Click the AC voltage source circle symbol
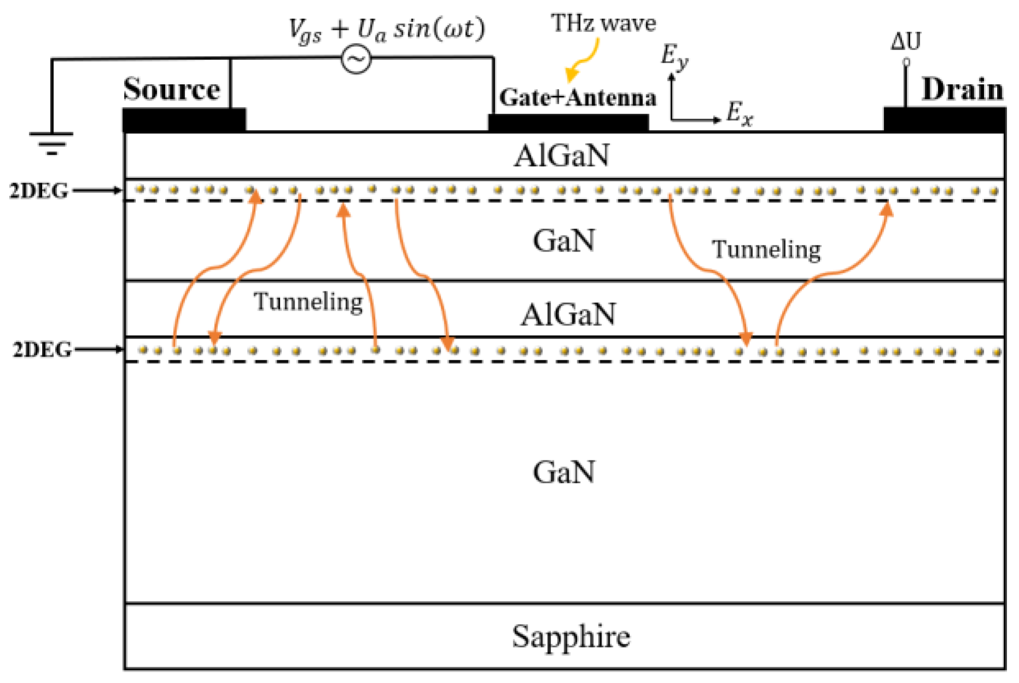[356, 59]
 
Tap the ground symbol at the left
[51, 142]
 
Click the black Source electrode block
[184, 120]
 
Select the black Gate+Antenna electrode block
[568, 122]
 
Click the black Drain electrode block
[944, 120]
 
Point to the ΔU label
[905, 42]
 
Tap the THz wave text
[603, 24]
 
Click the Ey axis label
[674, 57]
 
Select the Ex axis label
[739, 114]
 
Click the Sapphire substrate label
[570, 636]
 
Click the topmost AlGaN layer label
[561, 156]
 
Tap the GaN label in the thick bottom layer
[564, 472]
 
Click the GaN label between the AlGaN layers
[564, 241]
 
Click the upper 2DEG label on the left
[38, 191]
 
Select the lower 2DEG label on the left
[42, 349]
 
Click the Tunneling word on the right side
[765, 249]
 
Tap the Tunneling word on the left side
[308, 301]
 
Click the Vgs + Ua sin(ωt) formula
[386, 30]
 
